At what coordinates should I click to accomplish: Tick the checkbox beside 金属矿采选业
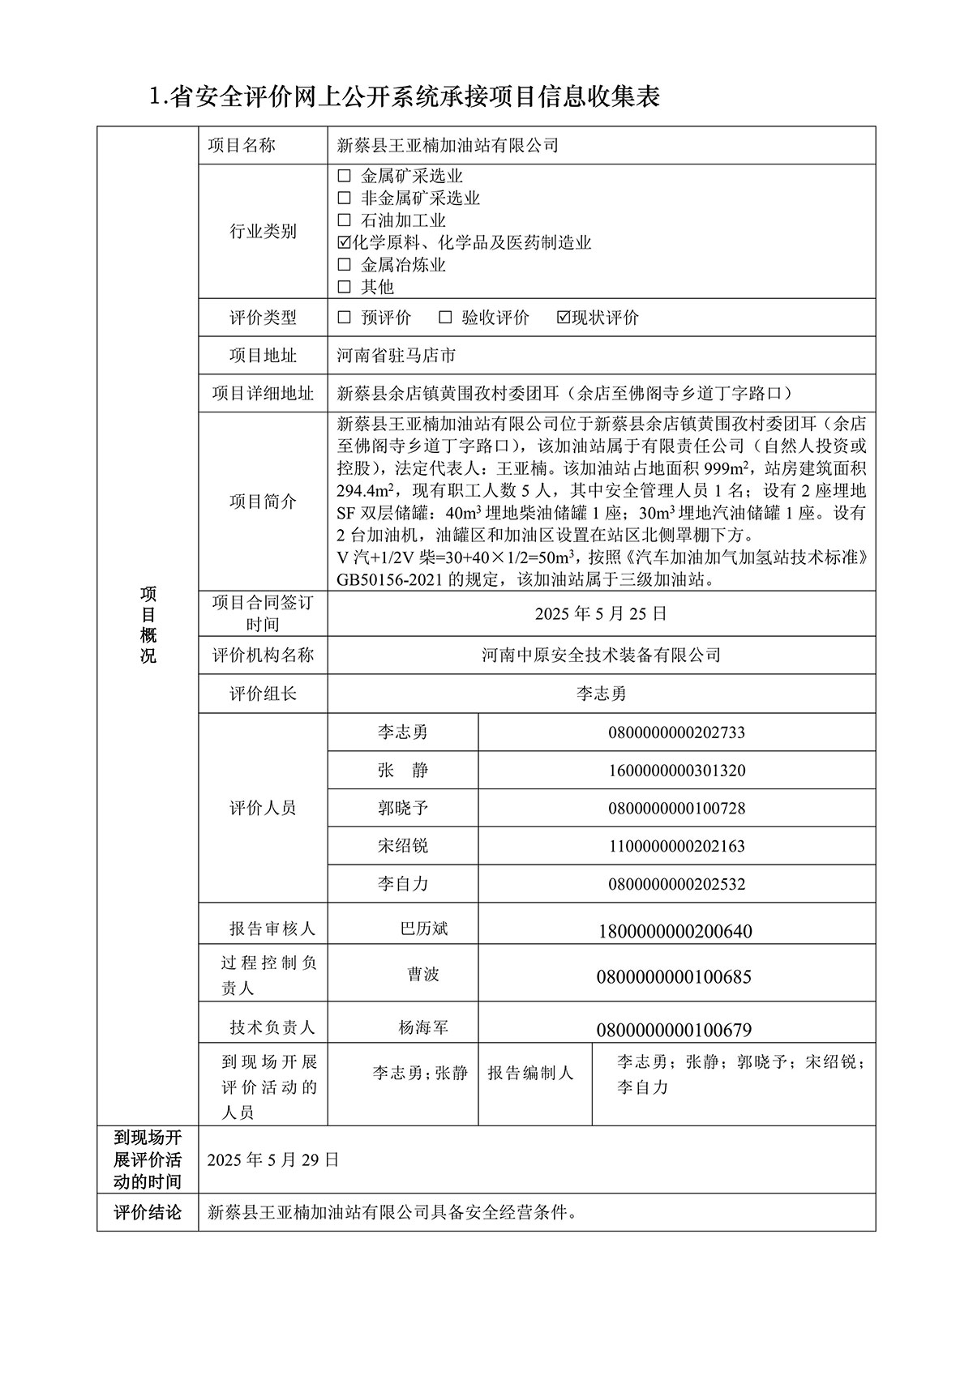point(345,176)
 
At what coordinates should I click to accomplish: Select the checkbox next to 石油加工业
point(345,220)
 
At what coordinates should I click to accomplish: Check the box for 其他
point(345,287)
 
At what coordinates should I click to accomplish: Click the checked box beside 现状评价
point(564,318)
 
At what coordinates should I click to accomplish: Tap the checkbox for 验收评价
point(445,318)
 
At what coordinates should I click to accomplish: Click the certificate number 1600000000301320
point(676,771)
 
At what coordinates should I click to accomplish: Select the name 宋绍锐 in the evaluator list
point(402,846)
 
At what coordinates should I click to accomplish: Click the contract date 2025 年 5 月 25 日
point(601,614)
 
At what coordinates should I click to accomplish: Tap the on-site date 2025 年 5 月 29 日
point(272,1159)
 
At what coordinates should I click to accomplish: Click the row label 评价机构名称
point(263,655)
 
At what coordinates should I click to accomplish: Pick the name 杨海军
point(423,1028)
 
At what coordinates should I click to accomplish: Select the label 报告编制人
point(530,1074)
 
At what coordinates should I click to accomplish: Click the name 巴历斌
point(424,929)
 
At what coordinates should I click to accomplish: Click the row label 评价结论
point(148,1213)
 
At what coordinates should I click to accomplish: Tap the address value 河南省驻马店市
point(396,356)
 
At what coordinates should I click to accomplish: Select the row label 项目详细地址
point(263,394)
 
